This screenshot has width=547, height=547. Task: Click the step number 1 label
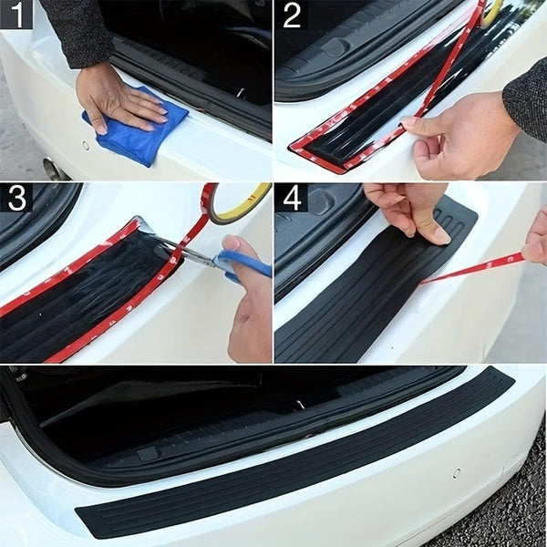[15, 15]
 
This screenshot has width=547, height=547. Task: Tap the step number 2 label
[292, 15]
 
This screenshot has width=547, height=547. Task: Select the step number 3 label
[15, 198]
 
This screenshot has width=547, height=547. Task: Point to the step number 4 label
[292, 198]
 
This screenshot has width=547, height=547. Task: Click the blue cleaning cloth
[137, 132]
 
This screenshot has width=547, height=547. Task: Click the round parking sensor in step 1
[86, 145]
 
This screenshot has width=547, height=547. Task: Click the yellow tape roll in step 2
[493, 11]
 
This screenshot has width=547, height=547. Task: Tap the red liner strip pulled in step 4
[474, 268]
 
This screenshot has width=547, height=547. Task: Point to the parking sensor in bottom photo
[456, 473]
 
